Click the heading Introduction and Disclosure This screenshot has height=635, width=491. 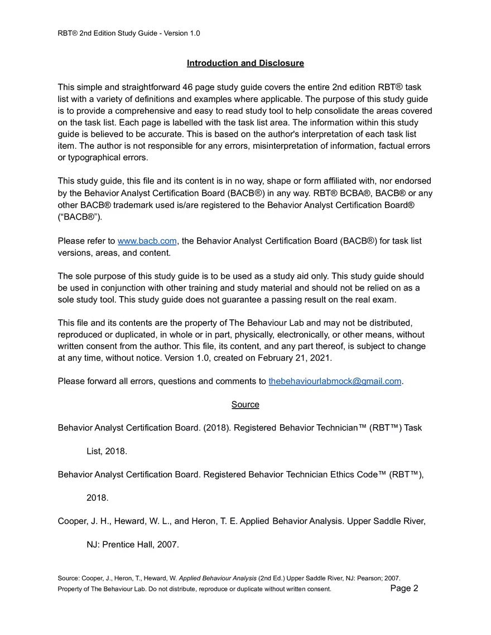[245, 63]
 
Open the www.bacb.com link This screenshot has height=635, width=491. [147, 241]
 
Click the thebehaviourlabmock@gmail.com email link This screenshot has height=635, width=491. [335, 381]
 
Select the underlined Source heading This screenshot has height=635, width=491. [245, 404]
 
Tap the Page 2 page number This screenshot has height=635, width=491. [404, 588]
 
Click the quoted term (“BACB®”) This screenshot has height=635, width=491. [80, 217]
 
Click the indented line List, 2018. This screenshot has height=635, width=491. [107, 451]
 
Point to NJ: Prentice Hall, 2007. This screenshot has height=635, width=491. [132, 545]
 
